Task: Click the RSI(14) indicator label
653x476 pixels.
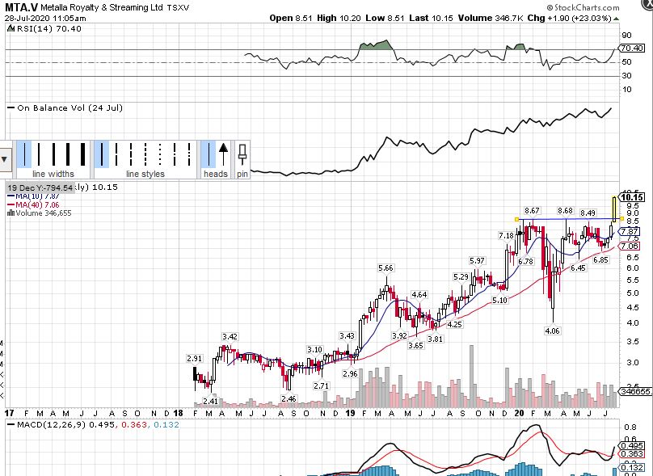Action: [32, 27]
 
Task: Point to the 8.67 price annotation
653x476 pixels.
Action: [531, 211]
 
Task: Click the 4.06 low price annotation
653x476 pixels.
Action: [552, 331]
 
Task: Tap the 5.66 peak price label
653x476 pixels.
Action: [385, 267]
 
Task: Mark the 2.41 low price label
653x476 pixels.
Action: [209, 401]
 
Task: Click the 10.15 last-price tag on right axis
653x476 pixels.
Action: [632, 197]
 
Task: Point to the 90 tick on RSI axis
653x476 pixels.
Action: [626, 36]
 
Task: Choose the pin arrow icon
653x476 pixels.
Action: [242, 153]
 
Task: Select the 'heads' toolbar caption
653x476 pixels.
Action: [216, 174]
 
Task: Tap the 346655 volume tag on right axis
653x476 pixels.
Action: [635, 391]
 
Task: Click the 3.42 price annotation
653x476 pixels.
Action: [230, 337]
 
